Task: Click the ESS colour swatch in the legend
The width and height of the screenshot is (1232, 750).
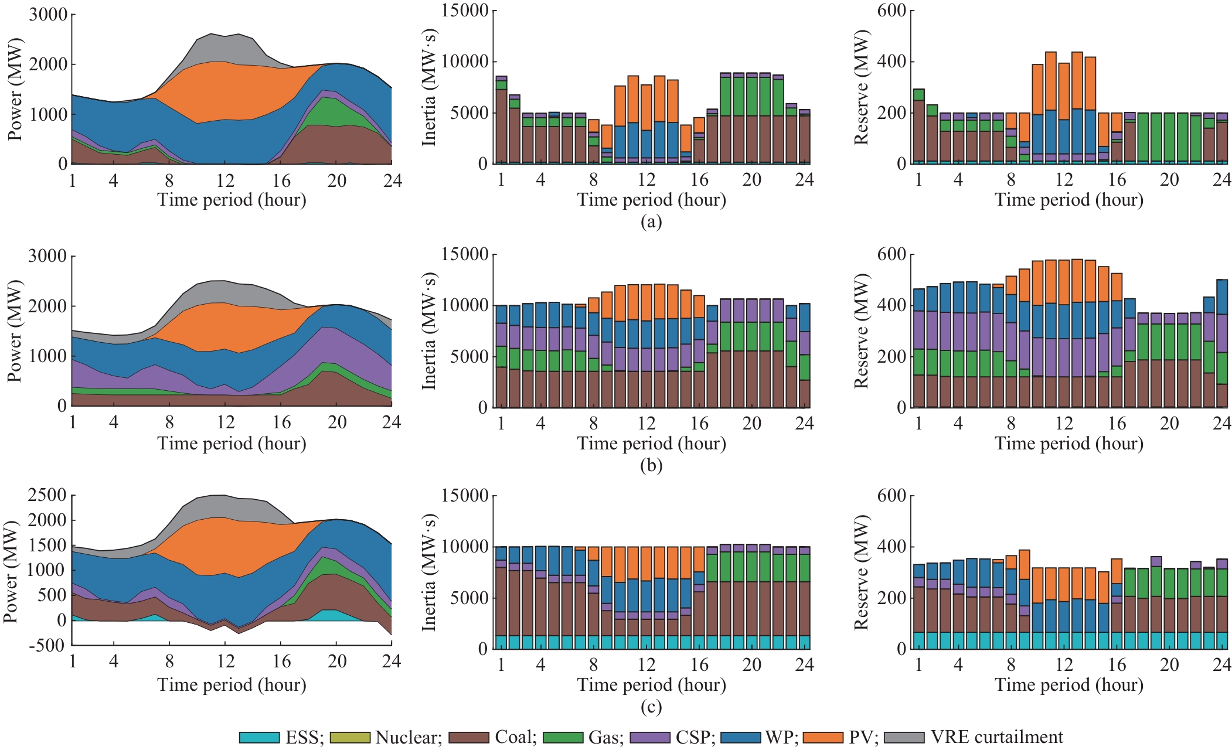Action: tap(258, 738)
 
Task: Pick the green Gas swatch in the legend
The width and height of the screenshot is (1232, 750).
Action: tap(563, 738)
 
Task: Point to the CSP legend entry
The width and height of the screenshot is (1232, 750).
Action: tap(695, 737)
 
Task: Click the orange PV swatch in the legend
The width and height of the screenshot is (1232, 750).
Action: tap(822, 738)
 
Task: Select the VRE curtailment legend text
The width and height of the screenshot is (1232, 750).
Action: tap(996, 737)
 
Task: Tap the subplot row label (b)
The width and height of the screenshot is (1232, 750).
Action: tap(651, 465)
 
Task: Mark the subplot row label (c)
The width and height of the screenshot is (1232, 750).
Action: tap(651, 707)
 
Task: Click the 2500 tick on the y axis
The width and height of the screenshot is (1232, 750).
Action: tap(47, 496)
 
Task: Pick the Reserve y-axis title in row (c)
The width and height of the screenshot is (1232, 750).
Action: tap(860, 572)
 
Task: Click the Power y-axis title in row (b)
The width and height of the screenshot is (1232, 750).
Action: tap(15, 331)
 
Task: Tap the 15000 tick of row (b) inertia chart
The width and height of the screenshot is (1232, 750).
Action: tap(465, 254)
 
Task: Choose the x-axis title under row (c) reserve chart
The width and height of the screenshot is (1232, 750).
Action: tap(1069, 685)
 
